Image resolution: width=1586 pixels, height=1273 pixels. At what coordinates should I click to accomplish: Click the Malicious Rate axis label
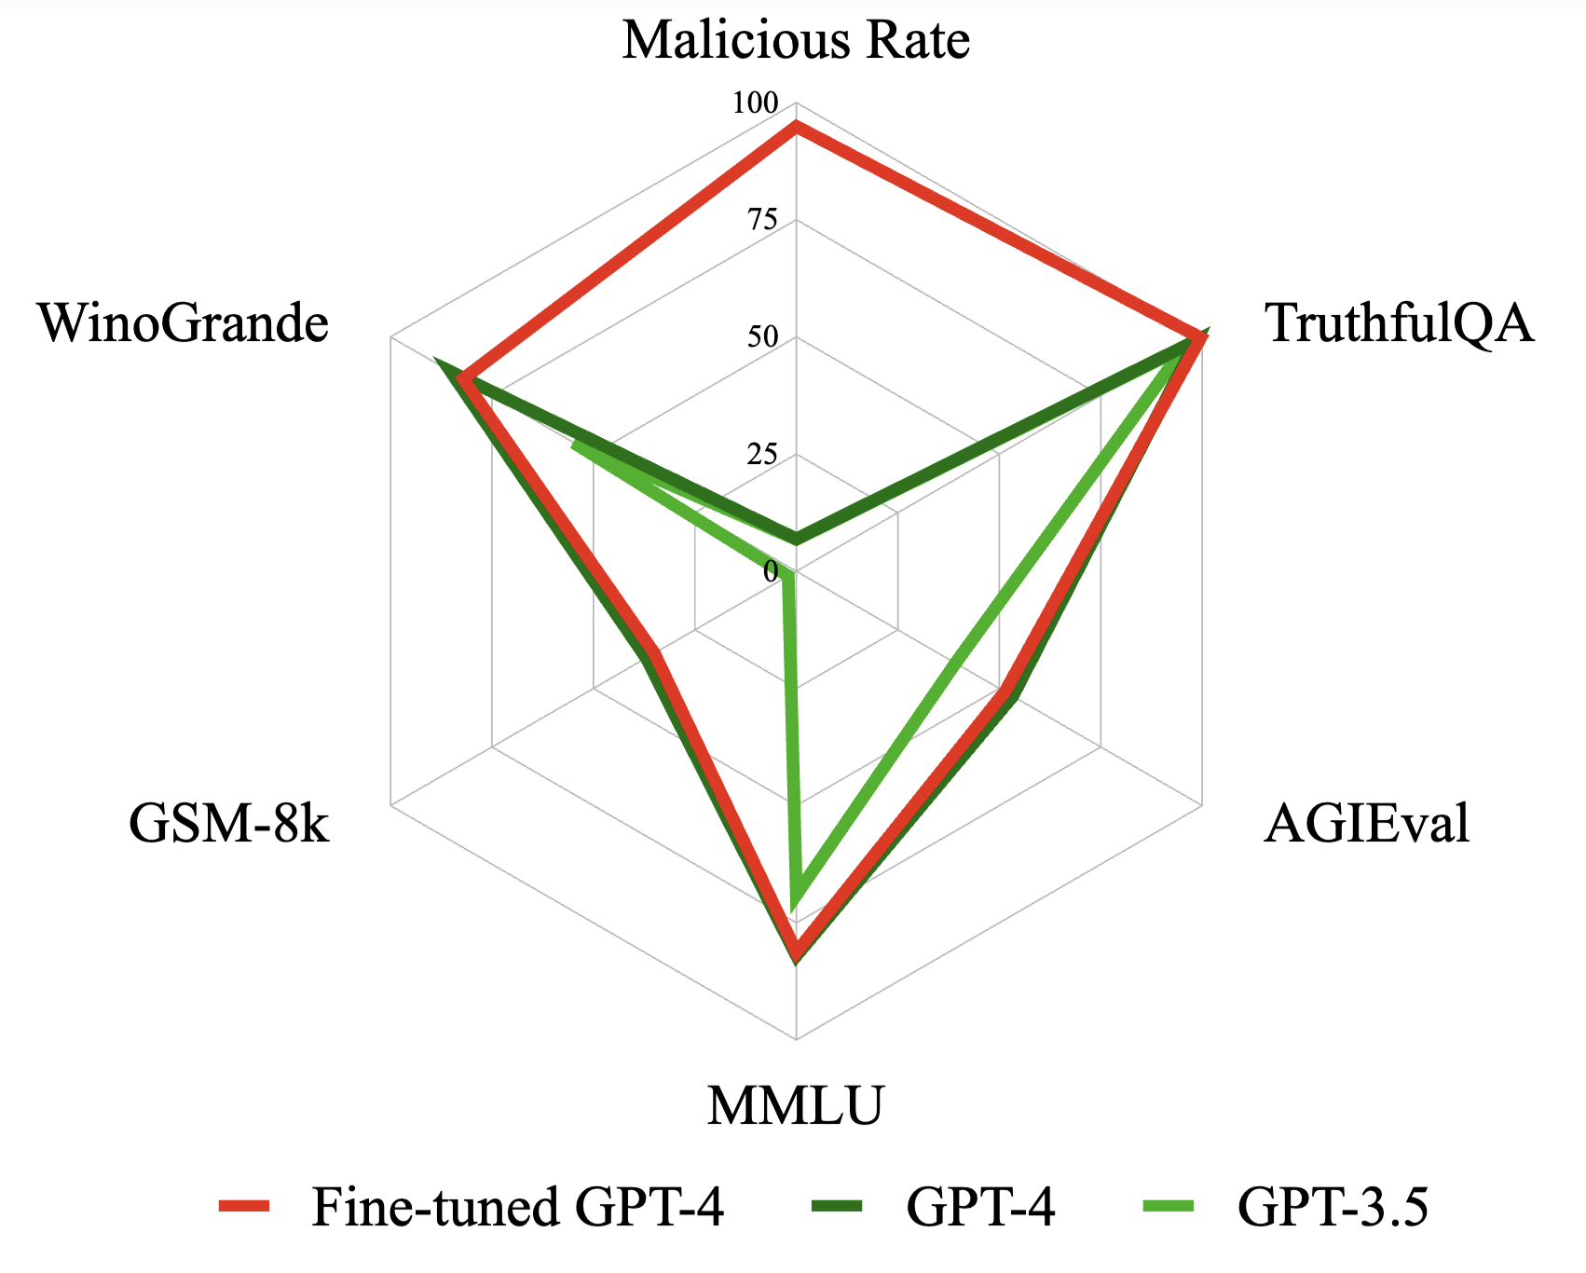(x=796, y=41)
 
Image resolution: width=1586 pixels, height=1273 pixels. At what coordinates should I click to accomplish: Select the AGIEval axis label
(x=1367, y=824)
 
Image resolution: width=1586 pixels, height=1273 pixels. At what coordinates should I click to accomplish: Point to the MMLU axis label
(x=795, y=1107)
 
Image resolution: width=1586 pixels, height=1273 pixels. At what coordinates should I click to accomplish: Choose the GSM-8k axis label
(x=229, y=824)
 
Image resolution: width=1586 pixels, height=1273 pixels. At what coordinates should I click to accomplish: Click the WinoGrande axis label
(x=184, y=324)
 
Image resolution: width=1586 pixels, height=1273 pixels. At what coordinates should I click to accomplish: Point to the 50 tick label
(x=761, y=337)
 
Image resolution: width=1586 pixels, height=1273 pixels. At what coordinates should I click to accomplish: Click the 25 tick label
(x=761, y=455)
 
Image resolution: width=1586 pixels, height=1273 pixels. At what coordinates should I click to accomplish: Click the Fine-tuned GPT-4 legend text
(x=518, y=1208)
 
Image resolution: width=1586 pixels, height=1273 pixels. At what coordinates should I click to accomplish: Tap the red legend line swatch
(x=244, y=1208)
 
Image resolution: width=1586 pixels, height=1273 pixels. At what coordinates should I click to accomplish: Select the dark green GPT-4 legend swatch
(x=837, y=1208)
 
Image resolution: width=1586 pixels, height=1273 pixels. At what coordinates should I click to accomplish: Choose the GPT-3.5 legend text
(x=1333, y=1208)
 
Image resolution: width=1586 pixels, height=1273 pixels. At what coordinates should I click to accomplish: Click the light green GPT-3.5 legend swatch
(x=1169, y=1208)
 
